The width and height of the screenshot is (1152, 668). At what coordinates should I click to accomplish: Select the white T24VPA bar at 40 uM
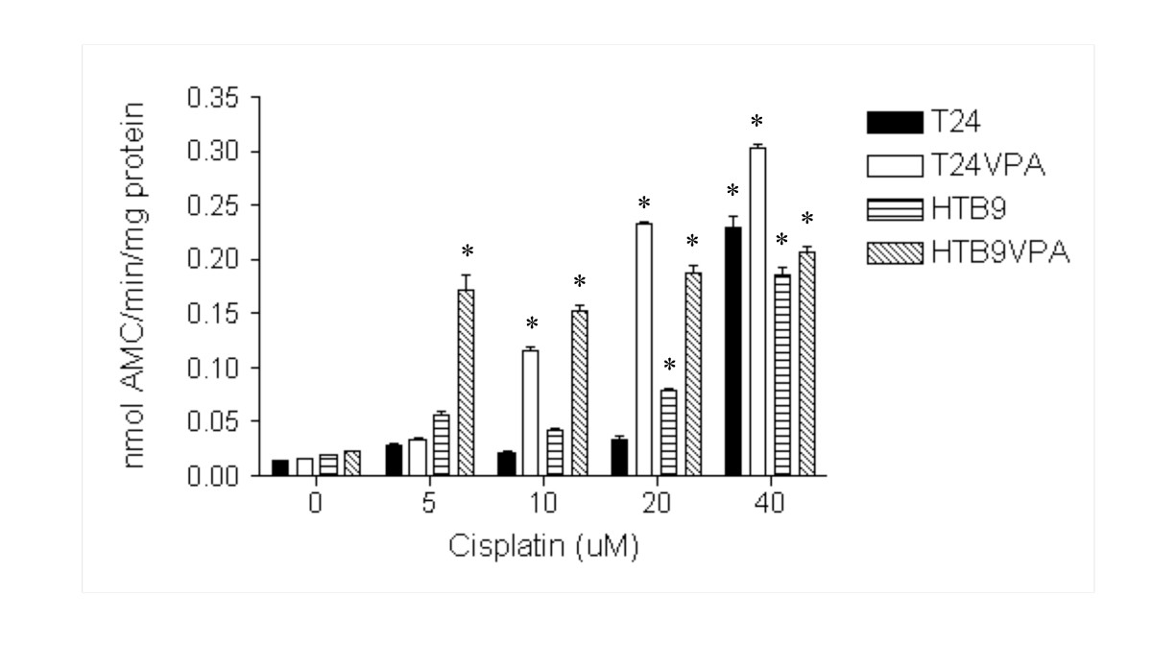point(757,311)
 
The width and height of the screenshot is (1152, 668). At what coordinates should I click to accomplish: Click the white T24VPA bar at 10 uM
point(530,413)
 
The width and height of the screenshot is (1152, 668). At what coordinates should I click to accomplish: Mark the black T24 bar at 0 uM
point(280,467)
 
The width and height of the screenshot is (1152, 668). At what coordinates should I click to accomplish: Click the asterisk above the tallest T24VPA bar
point(756,122)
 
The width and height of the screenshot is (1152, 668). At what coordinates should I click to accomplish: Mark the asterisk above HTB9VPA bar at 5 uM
point(468,251)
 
